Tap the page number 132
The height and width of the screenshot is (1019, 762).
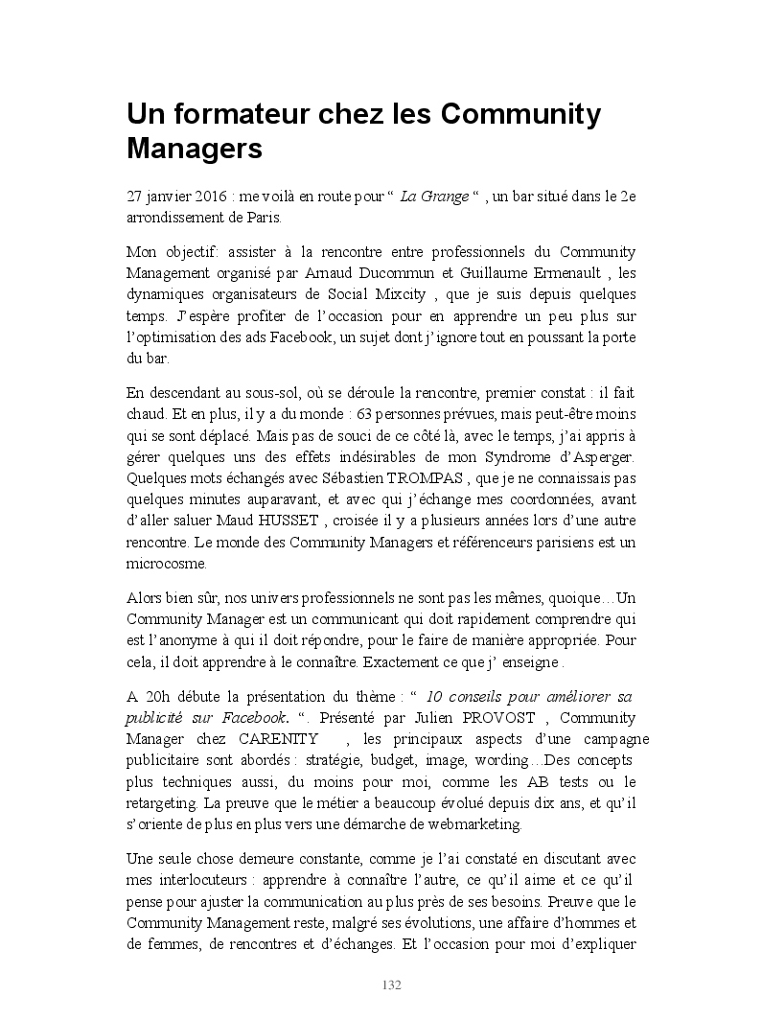(391, 984)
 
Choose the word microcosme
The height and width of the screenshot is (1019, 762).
(159, 565)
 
